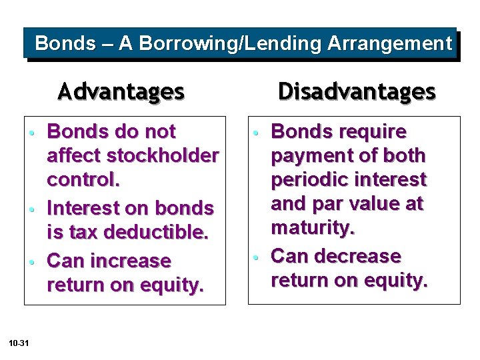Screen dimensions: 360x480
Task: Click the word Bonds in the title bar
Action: pos(65,44)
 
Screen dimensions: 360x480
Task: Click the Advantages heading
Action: pos(121,91)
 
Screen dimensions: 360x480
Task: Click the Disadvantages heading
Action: pos(357,91)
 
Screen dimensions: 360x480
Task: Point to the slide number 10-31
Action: pos(19,343)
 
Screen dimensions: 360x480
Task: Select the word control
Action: pos(79,181)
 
